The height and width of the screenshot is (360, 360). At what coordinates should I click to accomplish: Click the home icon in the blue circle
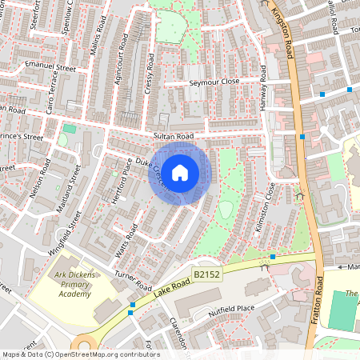(180, 173)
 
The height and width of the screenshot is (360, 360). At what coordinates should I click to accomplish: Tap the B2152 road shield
(206, 274)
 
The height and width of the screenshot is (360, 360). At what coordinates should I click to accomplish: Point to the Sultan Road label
(174, 137)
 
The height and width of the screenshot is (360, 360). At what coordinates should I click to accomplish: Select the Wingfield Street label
(63, 233)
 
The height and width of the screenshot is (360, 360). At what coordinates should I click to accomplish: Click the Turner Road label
(133, 279)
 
